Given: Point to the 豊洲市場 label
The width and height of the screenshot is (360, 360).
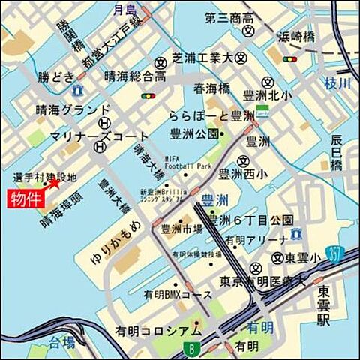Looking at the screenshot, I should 179,229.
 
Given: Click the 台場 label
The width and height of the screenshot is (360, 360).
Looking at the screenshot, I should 61,343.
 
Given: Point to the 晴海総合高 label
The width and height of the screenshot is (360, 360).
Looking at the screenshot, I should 134,76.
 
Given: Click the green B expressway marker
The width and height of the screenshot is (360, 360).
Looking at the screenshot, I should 192,348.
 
